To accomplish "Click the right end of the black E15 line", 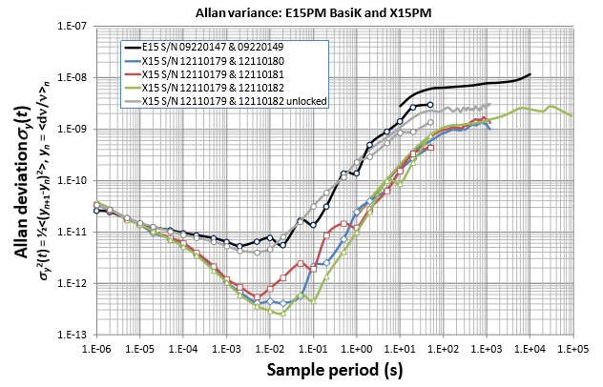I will (530, 74).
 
